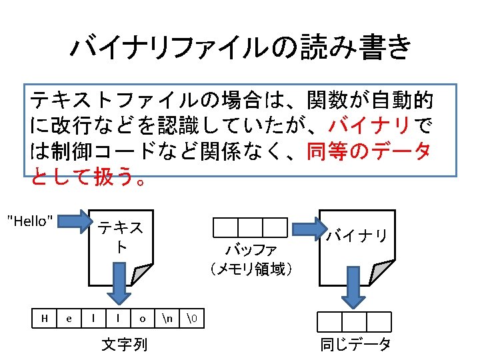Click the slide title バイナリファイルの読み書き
coord(240,48)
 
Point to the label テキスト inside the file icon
coord(120,237)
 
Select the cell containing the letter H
coord(44,319)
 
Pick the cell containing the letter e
coord(69,319)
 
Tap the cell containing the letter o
coord(142,319)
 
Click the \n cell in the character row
coord(167,319)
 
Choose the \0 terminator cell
coord(191,319)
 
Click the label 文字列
coord(125,345)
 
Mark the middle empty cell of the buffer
coord(250,228)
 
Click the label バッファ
coord(249,251)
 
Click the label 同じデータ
coord(355,345)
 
